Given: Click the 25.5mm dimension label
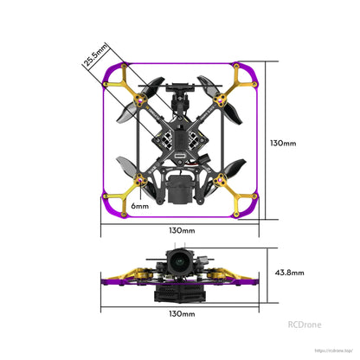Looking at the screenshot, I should click(x=93, y=55).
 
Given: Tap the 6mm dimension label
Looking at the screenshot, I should click(x=139, y=207).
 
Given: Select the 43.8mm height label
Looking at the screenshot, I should click(x=289, y=272).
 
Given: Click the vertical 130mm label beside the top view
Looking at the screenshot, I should click(x=283, y=143).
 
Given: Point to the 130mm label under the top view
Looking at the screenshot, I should click(x=181, y=231).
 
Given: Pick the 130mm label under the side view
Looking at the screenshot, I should click(x=181, y=313).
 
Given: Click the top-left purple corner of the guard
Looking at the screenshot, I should click(x=110, y=71).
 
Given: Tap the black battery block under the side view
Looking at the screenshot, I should click(x=180, y=293).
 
